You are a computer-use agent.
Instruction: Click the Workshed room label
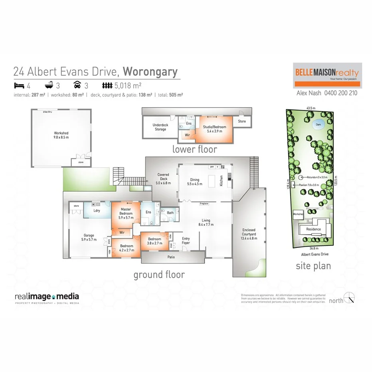coord(61,135)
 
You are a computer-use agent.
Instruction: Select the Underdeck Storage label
coord(160,127)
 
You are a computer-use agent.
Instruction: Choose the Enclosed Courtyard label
coord(249,234)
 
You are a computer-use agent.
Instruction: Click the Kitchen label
coord(222,181)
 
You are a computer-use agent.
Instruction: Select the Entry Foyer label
coord(186,241)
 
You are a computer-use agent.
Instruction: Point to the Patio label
coord(171,257)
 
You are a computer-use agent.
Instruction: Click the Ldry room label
coord(96,210)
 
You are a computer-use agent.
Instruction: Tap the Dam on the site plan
coord(318,124)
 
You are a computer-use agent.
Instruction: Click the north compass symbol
coord(350,297)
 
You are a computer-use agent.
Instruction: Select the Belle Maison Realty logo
coord(327,75)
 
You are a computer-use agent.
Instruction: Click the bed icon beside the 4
coord(18,85)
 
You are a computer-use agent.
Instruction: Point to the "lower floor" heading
coord(195,150)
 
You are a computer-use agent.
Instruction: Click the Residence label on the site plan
coord(313,229)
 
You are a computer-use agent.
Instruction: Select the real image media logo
coord(47,297)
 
